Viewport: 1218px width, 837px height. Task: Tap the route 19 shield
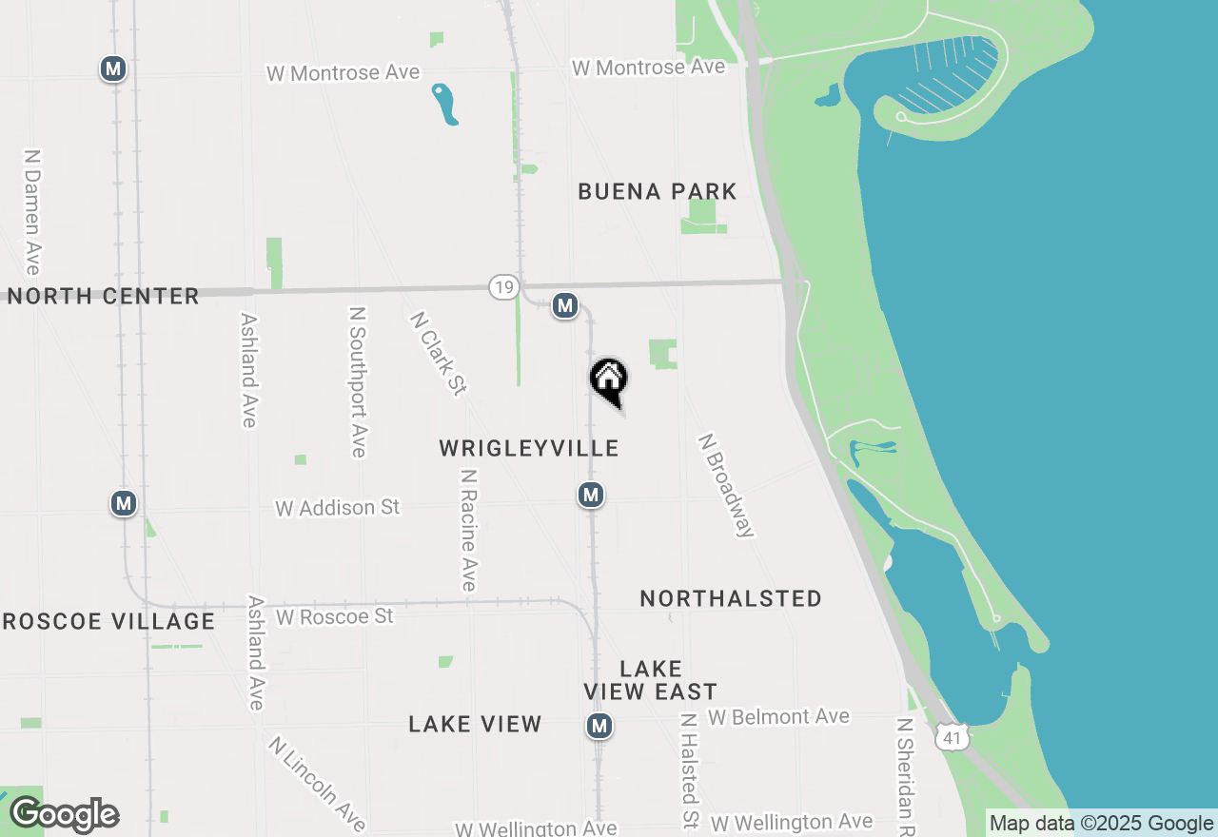503,287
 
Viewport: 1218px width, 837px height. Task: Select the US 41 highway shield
953,736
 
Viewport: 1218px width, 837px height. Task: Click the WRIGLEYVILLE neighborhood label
529,448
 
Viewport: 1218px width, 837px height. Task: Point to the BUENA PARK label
658,192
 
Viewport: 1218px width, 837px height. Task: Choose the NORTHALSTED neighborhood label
731,598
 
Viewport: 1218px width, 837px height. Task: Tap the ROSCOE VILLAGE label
108,622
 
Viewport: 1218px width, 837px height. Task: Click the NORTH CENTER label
104,296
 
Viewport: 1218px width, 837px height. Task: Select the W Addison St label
338,508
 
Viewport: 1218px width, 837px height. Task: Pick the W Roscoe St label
334,617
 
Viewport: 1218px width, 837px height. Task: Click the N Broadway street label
726,486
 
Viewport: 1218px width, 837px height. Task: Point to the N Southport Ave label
358,381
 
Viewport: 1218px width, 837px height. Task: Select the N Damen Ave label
33,211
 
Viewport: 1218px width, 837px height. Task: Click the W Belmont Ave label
778,716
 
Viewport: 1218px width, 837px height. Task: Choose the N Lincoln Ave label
317,784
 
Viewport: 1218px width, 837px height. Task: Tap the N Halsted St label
689,771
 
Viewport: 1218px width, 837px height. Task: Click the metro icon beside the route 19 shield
565,305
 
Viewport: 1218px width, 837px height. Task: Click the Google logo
65,814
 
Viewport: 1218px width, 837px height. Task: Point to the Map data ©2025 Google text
1101,824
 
